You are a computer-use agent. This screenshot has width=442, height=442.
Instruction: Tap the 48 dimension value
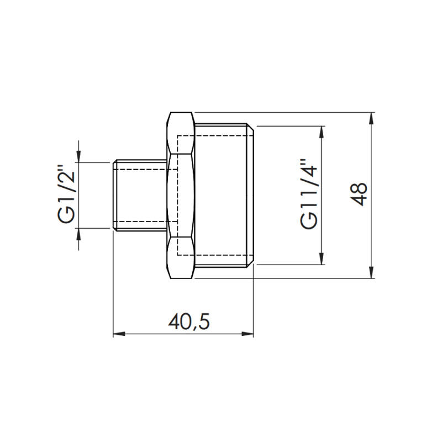pos(360,195)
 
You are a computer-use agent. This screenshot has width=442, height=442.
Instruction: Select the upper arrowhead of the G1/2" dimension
pos(79,156)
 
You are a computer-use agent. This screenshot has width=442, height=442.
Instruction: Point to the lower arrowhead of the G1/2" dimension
pos(79,233)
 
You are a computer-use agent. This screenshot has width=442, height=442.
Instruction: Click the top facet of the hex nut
pos(181,133)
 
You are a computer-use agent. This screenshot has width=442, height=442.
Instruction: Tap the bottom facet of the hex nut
pos(181,257)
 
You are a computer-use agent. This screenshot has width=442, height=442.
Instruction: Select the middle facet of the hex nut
pos(181,195)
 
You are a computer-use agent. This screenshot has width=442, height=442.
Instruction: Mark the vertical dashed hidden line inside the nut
pos(177,195)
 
